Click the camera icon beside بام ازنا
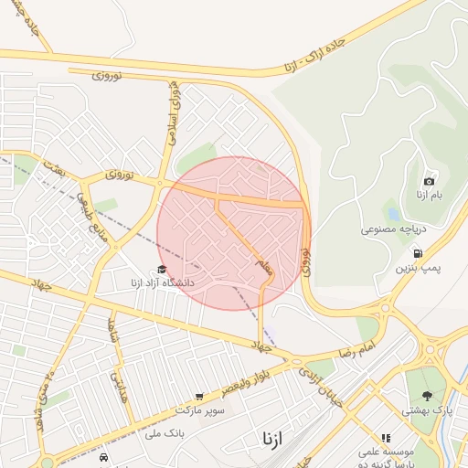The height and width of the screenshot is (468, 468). (430, 181)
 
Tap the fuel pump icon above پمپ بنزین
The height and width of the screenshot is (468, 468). (418, 253)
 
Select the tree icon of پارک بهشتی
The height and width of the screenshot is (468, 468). (427, 396)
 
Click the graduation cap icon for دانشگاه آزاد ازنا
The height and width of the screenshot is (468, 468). (162, 270)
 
